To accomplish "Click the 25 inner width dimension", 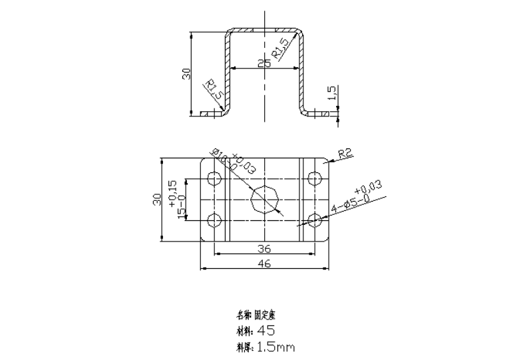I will pyautogui.click(x=264, y=64).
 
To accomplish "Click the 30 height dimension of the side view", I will pyautogui.click(x=187, y=73).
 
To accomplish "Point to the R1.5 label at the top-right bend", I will pyautogui.click(x=280, y=48).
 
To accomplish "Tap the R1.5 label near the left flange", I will pyautogui.click(x=212, y=90).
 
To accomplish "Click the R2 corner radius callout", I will pyautogui.click(x=344, y=154).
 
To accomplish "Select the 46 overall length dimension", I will pyautogui.click(x=264, y=264).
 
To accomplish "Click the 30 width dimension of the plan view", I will pyautogui.click(x=158, y=200).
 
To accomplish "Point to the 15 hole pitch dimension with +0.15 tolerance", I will pyautogui.click(x=177, y=200).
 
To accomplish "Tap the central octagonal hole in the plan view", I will pyautogui.click(x=264, y=199).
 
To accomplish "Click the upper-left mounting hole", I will pyautogui.click(x=214, y=178).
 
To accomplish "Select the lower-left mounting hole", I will pyautogui.click(x=214, y=220).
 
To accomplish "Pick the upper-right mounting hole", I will pyautogui.click(x=314, y=178).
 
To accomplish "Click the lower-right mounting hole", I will pyautogui.click(x=314, y=220).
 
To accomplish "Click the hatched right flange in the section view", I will pyautogui.click(x=321, y=114).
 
